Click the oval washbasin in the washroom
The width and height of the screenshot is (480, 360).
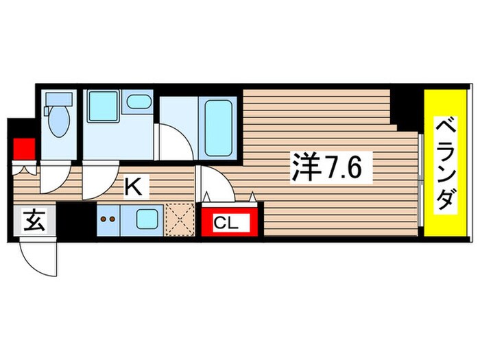139,101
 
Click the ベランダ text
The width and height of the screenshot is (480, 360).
444,163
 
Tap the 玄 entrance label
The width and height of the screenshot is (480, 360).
34,221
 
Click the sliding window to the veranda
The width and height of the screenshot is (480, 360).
420,182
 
